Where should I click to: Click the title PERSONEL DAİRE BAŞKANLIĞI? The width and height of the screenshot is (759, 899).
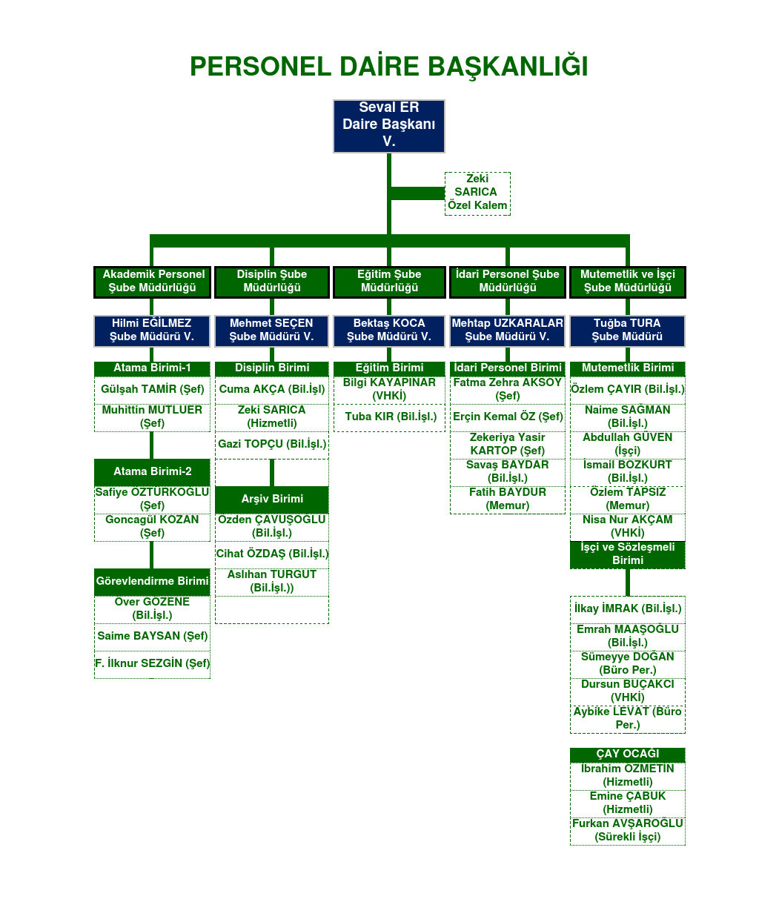(x=388, y=67)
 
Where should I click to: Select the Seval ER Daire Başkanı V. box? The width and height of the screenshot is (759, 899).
(x=388, y=125)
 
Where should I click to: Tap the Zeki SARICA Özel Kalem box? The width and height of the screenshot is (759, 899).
(x=477, y=193)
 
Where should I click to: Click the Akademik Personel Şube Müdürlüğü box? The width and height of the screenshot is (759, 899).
(x=153, y=282)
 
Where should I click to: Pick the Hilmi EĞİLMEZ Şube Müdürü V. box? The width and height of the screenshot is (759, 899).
(x=152, y=331)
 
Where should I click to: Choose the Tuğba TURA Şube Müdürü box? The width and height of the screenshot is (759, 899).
(x=627, y=331)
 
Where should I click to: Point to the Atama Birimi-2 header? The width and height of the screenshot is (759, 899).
(x=152, y=472)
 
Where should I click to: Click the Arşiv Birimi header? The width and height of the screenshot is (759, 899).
(x=272, y=500)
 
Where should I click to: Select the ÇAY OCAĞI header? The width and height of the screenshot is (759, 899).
(x=627, y=754)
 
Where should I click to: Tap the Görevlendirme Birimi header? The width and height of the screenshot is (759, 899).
(x=152, y=582)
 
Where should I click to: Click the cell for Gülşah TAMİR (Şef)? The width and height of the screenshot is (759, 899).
(x=152, y=390)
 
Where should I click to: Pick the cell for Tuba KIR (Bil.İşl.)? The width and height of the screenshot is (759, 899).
(x=391, y=417)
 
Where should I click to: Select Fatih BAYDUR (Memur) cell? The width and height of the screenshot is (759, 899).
(x=508, y=500)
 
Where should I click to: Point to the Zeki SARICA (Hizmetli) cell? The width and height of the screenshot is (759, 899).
(x=272, y=417)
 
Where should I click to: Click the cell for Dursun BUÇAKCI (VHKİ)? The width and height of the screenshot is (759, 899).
(x=627, y=691)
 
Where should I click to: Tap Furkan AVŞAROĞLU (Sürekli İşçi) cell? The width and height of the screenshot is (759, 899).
(x=627, y=831)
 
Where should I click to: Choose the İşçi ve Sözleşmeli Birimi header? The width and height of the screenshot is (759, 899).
(x=627, y=554)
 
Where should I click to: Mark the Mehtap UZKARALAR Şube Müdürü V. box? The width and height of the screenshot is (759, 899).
(x=508, y=331)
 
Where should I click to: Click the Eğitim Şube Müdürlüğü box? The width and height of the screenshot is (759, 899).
(x=389, y=282)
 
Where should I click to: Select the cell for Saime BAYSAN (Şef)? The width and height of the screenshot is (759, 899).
(x=152, y=637)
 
